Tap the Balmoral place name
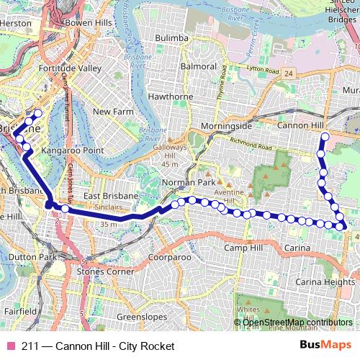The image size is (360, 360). [x=199, y=66]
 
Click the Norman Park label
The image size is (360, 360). [x=184, y=183]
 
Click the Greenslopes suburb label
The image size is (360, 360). [x=142, y=316]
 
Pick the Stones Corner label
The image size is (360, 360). [x=106, y=271]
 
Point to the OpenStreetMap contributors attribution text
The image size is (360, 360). [x=297, y=322]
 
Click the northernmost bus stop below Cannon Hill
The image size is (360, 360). [x=325, y=137]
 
